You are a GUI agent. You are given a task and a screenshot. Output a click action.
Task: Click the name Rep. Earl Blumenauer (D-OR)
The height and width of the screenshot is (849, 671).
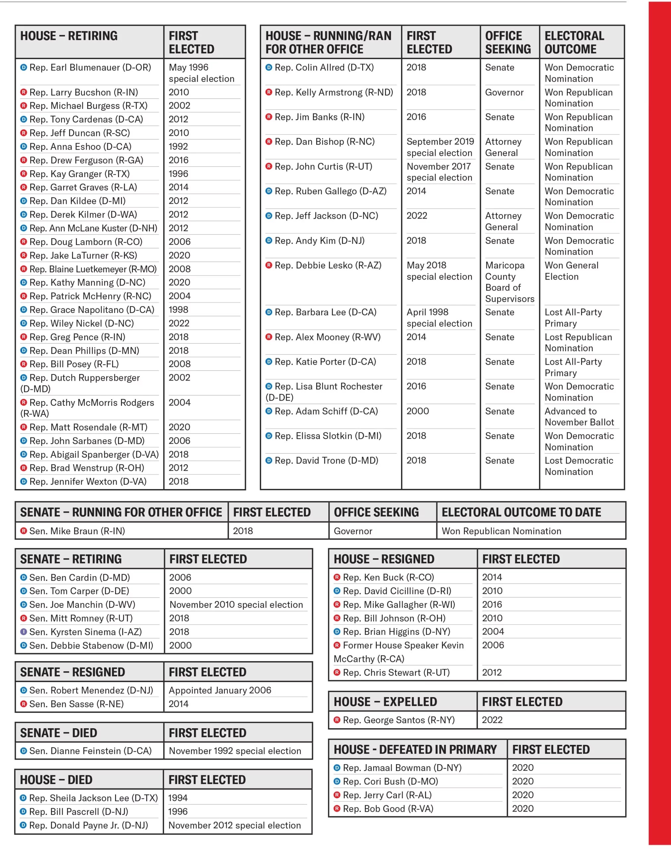tap(90, 68)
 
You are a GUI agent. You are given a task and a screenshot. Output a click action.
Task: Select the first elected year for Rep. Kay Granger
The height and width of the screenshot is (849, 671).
tap(178, 173)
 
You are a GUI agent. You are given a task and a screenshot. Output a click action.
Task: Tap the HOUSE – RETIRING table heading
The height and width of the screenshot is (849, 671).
tap(69, 36)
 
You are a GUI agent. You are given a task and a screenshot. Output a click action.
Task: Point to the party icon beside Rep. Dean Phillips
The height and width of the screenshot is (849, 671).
tap(24, 350)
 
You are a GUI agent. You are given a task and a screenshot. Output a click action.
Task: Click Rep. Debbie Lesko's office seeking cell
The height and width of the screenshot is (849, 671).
tap(509, 282)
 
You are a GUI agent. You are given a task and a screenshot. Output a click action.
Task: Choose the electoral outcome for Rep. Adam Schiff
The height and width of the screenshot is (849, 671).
tap(579, 417)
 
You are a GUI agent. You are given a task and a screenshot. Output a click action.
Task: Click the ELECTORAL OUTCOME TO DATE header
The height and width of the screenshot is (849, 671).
tap(521, 512)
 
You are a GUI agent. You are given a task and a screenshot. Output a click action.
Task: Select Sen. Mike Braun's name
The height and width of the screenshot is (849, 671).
tap(77, 531)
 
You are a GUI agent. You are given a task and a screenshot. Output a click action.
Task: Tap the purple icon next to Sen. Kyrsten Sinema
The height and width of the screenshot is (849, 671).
tap(24, 631)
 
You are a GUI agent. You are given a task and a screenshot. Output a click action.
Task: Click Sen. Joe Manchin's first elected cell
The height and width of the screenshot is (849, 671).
tap(236, 604)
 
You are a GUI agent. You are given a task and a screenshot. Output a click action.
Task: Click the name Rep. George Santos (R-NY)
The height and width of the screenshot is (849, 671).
tap(398, 720)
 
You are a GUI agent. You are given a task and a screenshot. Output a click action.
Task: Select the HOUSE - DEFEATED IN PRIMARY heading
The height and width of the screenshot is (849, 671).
tap(415, 749)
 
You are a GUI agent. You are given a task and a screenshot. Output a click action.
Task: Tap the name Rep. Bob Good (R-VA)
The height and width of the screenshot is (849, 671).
tap(388, 809)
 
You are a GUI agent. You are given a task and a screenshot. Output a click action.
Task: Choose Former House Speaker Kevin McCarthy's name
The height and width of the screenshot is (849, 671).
tap(398, 652)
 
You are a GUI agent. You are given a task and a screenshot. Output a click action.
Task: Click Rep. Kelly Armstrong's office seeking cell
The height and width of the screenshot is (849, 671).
tap(504, 92)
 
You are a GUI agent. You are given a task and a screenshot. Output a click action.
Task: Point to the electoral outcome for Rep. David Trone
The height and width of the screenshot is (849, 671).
tap(579, 466)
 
